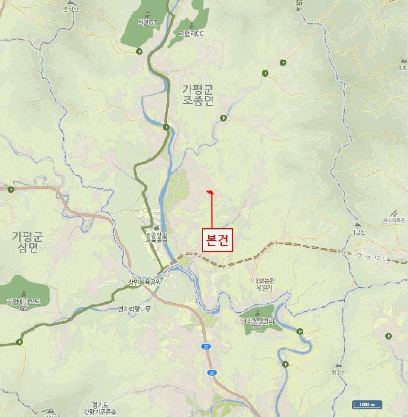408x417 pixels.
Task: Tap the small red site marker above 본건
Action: (x=209, y=191)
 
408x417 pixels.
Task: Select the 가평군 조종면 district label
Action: (x=197, y=95)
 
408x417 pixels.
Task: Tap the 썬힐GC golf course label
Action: (x=147, y=23)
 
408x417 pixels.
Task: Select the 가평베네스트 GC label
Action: (x=23, y=304)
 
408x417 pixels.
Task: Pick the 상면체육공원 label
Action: (x=144, y=282)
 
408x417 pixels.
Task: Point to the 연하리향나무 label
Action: (x=134, y=309)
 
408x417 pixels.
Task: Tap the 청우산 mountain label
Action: (x=339, y=372)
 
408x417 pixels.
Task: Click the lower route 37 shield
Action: (x=212, y=373)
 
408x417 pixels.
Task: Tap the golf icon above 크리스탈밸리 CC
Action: (x=257, y=313)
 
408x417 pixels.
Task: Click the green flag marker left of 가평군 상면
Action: (x=11, y=190)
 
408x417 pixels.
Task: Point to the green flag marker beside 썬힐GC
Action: (x=139, y=52)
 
